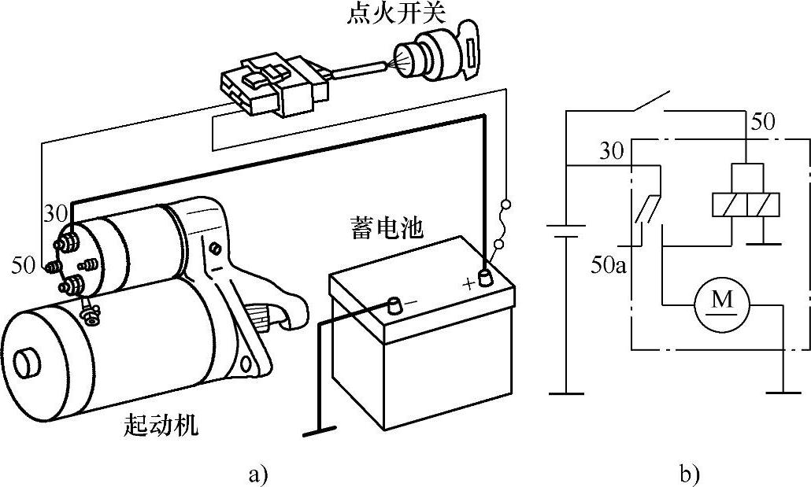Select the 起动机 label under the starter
point(162,426)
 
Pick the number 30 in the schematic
point(612,151)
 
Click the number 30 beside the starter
point(54,213)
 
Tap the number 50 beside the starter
point(25,265)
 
